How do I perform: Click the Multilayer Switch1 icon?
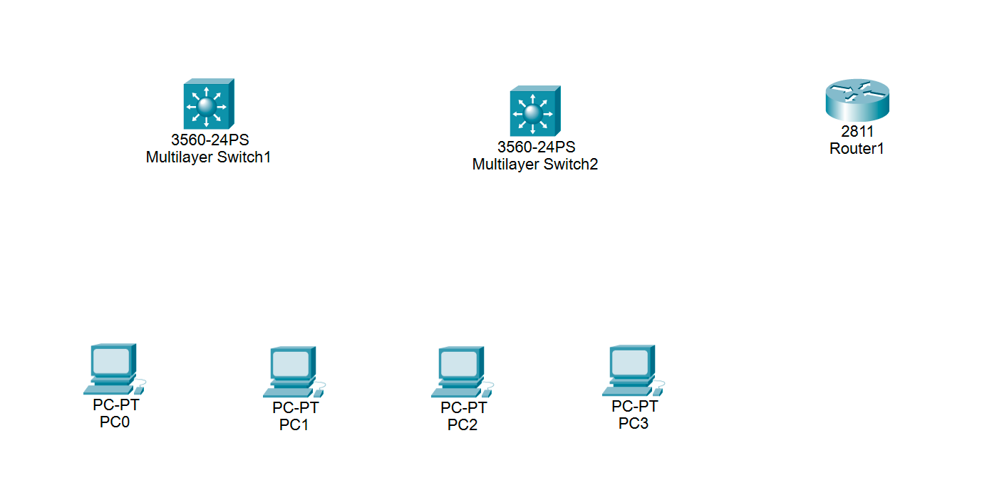[x=208, y=104]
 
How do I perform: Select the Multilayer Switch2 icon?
[x=534, y=112]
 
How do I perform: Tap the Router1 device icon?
[x=857, y=100]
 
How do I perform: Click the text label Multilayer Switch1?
[x=208, y=157]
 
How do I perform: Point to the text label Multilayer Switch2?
[x=534, y=165]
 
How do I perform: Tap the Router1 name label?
[x=857, y=149]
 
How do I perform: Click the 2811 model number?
[x=857, y=132]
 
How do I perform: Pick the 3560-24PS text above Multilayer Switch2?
[x=536, y=147]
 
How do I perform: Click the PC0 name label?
[x=115, y=422]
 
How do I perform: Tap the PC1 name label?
[x=294, y=425]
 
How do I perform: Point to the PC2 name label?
[x=462, y=425]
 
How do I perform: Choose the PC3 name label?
[x=634, y=424]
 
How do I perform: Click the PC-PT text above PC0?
[x=115, y=405]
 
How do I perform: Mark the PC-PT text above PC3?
[x=634, y=407]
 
